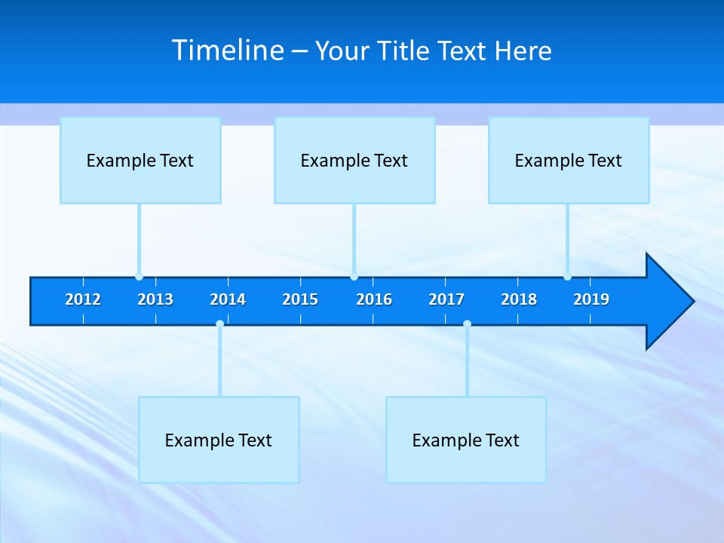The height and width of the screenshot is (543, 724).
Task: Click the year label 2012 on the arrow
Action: pos(83,299)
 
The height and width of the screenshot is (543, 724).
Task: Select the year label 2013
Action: pos(155,299)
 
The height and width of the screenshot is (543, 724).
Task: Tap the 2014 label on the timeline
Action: pos(228,299)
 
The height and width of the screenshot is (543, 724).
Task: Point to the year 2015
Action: pos(300,299)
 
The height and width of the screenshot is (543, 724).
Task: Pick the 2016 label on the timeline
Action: pos(374,299)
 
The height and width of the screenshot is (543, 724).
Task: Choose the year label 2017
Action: pos(446,299)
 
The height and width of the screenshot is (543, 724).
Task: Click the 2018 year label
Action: pos(519,299)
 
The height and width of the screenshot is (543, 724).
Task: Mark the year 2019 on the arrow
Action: pos(591,299)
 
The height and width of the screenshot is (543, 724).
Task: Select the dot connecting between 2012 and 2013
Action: pos(139,277)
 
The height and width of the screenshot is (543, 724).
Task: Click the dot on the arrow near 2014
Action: pos(219,324)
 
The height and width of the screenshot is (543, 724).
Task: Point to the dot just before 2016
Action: pos(354,277)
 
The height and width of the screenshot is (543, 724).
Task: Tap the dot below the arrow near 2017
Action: pos(467,324)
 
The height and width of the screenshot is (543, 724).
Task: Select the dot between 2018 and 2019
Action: pos(567,277)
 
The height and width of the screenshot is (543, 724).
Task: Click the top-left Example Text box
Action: pos(140,160)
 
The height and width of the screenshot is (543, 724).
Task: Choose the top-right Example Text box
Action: pos(569,160)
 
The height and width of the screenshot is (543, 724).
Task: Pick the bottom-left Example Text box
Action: pos(219,440)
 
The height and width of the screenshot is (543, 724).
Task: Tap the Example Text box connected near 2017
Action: pos(466,440)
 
